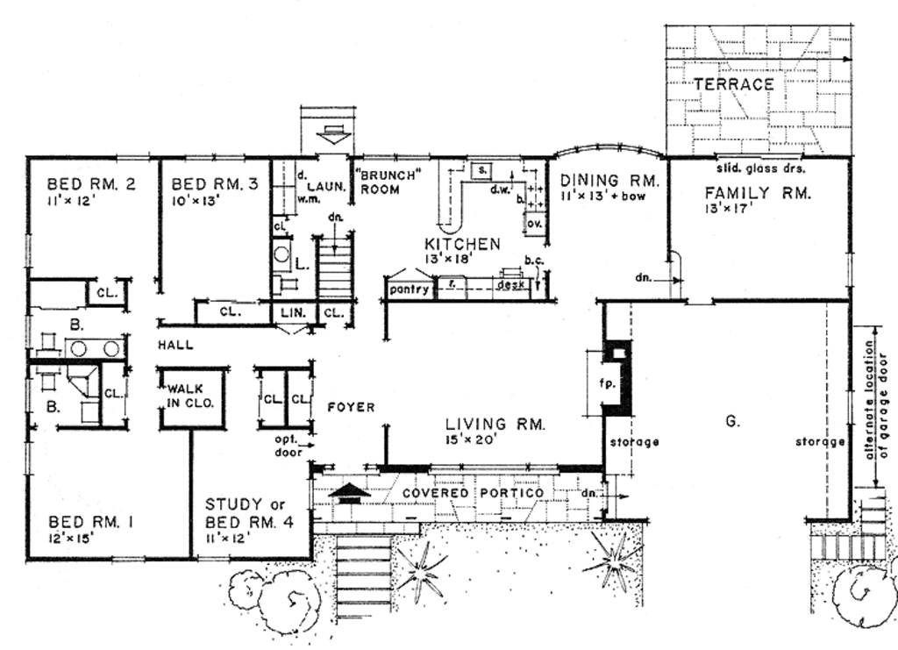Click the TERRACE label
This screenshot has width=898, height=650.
pos(734,84)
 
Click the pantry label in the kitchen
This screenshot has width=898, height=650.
pos(407,288)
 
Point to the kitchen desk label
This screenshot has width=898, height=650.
pos(510,285)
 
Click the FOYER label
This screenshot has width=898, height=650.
pos(351,407)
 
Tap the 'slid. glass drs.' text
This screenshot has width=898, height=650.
pos(761,168)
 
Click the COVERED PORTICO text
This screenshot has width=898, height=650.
pos(473,493)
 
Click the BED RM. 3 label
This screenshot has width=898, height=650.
pos(214,184)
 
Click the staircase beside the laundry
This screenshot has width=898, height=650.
pos(335,268)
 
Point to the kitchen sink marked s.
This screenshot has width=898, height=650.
pos(482,168)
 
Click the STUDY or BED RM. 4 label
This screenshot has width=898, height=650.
pos(246,513)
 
